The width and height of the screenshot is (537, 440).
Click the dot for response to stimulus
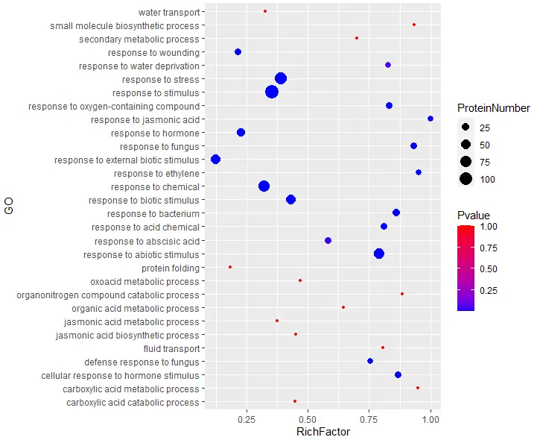pos(272,92)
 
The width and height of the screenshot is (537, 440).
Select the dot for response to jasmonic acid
pos(430,119)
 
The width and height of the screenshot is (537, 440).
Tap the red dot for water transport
pos(265,11)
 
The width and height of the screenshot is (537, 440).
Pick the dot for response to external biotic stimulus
pos(216,159)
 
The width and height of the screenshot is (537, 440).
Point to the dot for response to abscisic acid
pos(328,240)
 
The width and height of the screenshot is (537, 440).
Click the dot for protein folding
pos(230,266)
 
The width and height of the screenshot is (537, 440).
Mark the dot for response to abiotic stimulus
pos(379,254)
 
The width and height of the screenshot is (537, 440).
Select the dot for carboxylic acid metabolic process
pos(418,388)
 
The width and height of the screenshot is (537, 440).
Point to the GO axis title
pos(9,207)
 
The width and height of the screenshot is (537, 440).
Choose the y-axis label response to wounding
pos(153,52)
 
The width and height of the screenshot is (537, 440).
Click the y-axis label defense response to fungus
pos(149,362)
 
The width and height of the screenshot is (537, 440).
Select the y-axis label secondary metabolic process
pos(139,39)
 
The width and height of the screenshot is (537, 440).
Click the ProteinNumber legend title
pos(493,109)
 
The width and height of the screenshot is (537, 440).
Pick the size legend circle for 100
pos(465,178)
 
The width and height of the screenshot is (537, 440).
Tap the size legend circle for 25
pos(465,127)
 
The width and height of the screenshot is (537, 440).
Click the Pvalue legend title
pos(473,215)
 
